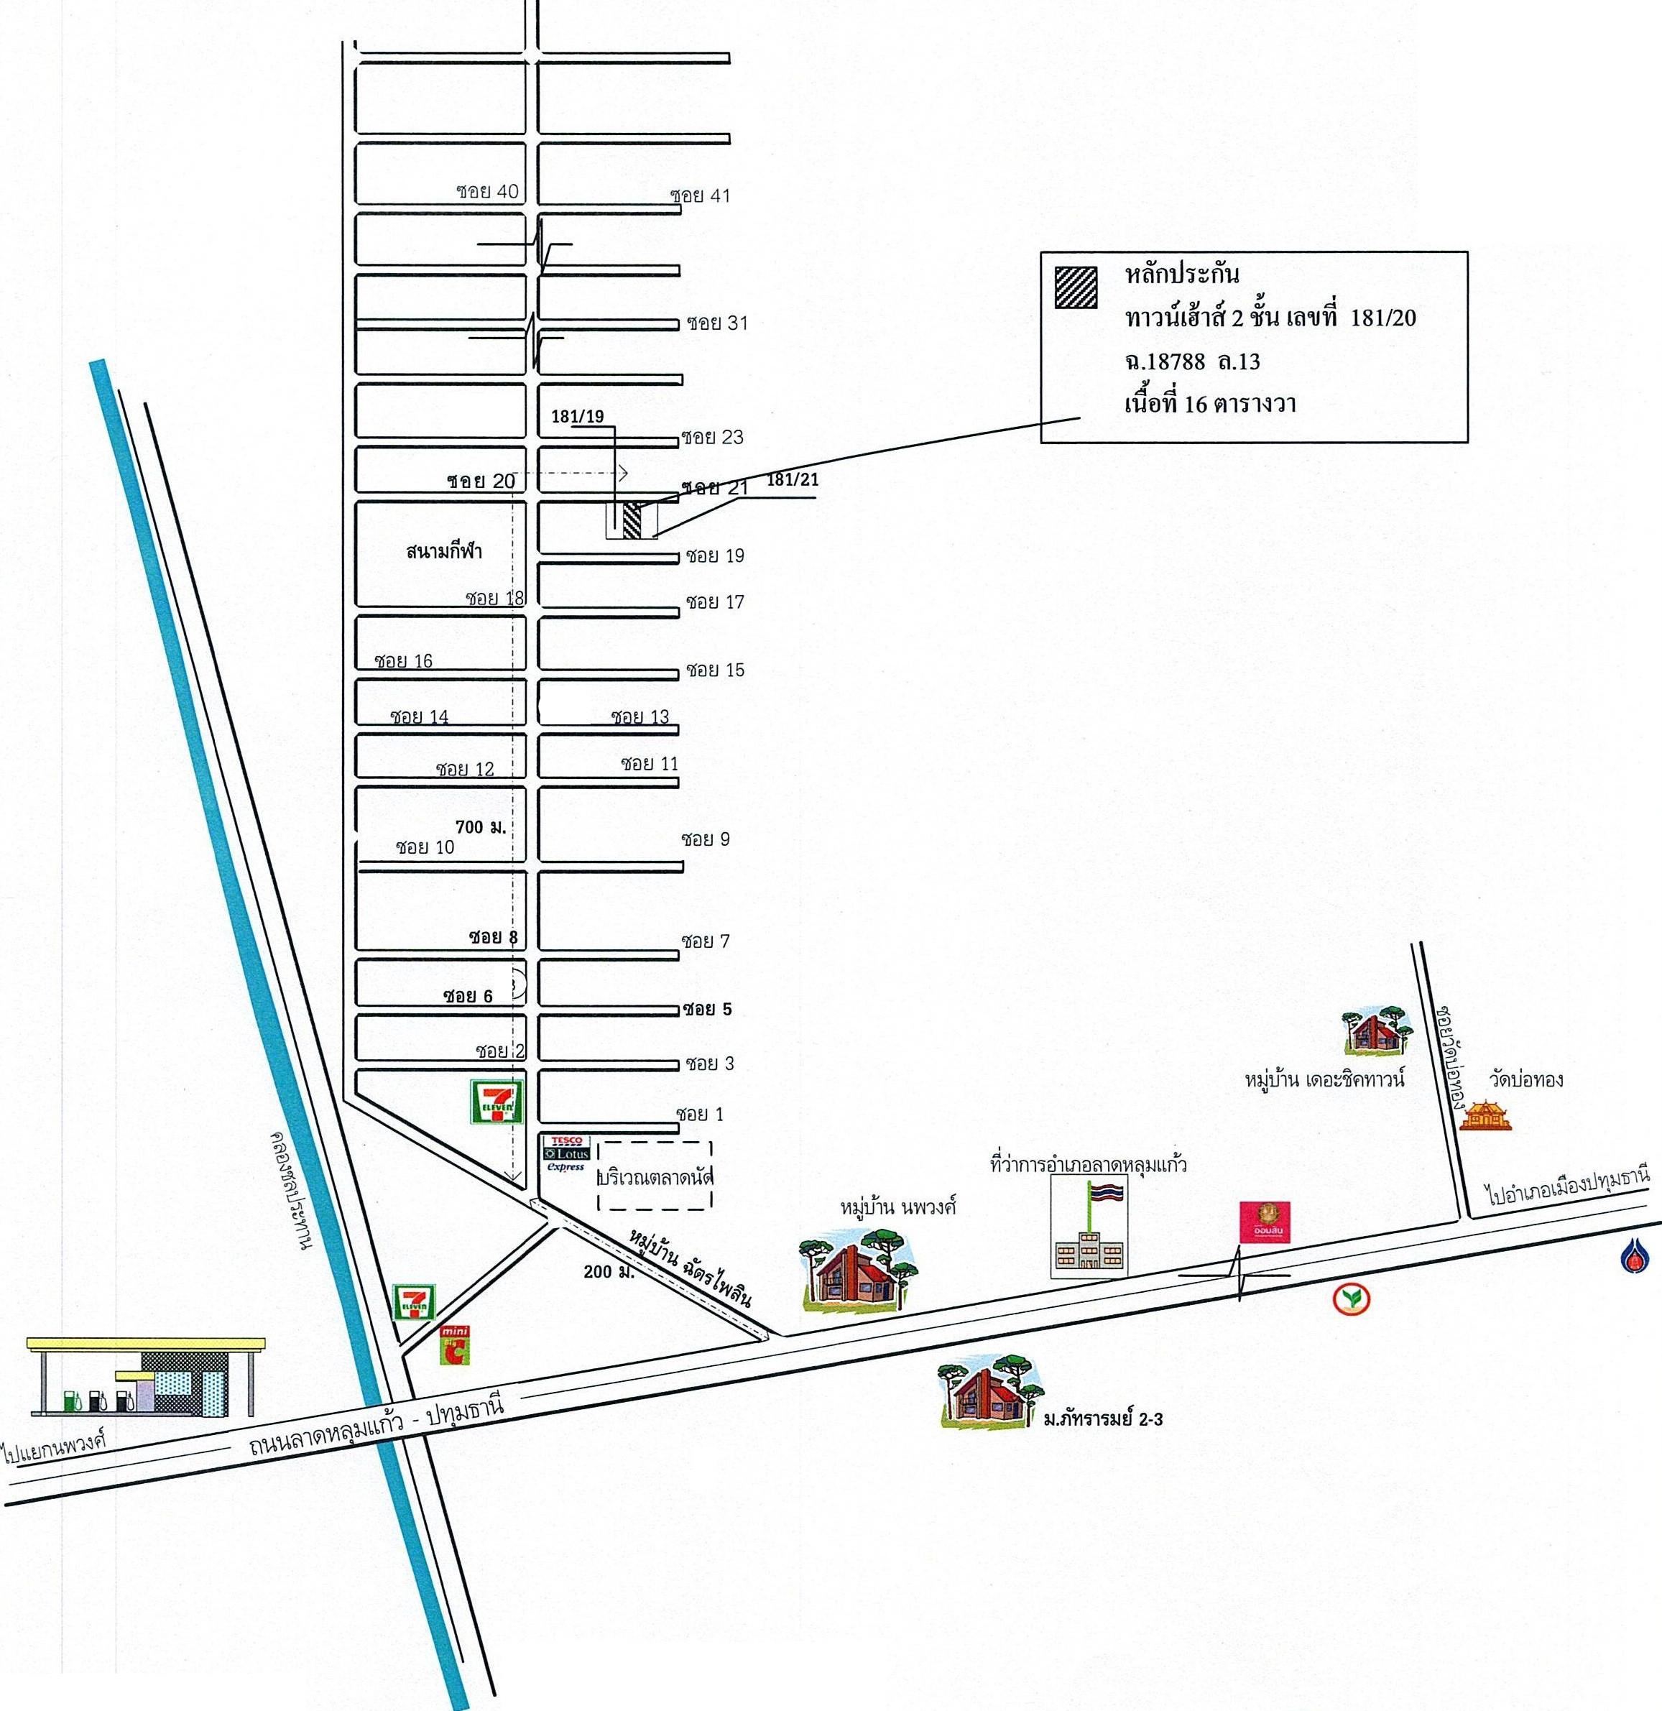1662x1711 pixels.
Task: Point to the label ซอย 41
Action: (x=700, y=195)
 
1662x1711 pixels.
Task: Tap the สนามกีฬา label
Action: (x=443, y=552)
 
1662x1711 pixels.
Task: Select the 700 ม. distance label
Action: (x=481, y=826)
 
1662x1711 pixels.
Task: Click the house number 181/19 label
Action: (x=577, y=416)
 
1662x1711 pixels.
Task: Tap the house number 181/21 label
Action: (x=793, y=479)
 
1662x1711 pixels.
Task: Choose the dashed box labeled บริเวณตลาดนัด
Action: (x=655, y=1176)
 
